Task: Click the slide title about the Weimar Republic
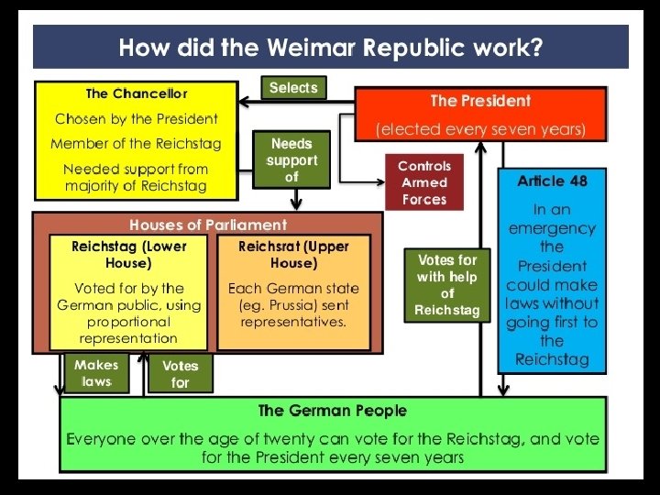pyautogui.click(x=330, y=47)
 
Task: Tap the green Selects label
pyautogui.click(x=293, y=88)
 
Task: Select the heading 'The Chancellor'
pyautogui.click(x=136, y=93)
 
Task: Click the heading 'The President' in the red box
pyautogui.click(x=480, y=101)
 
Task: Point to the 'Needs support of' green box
pyautogui.click(x=291, y=160)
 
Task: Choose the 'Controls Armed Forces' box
pyautogui.click(x=424, y=182)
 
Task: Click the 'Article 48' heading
pyautogui.click(x=552, y=181)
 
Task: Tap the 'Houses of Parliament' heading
pyautogui.click(x=208, y=225)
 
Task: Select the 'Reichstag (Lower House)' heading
pyautogui.click(x=129, y=255)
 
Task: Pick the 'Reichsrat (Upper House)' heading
pyautogui.click(x=293, y=255)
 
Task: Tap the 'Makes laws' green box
pyautogui.click(x=96, y=373)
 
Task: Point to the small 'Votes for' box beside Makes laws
pyautogui.click(x=180, y=374)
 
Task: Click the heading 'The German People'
pyautogui.click(x=332, y=411)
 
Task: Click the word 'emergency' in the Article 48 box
pyautogui.click(x=552, y=228)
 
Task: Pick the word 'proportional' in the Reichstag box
pyautogui.click(x=129, y=322)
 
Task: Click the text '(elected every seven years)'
pyautogui.click(x=480, y=129)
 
